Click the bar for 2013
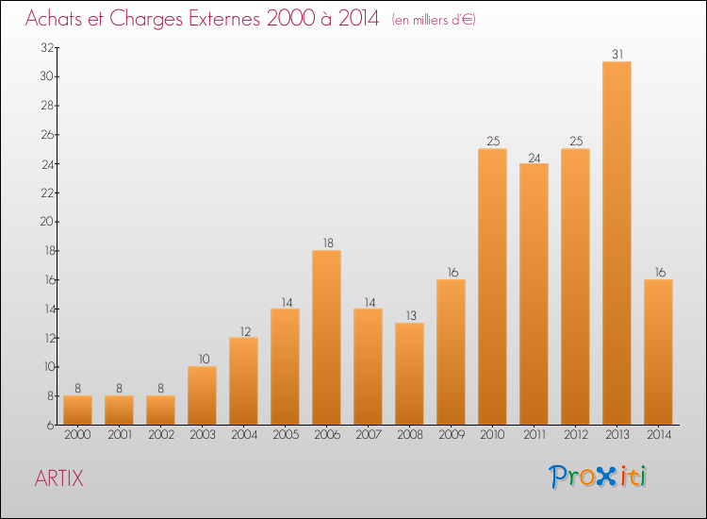(617, 243)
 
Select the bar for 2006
(326, 337)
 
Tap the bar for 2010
(492, 286)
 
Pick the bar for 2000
(77, 410)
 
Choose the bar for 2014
(658, 351)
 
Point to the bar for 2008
(409, 374)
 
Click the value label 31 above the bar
(617, 55)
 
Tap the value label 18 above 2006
(326, 243)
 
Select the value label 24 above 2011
(534, 157)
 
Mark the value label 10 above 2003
(202, 359)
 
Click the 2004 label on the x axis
(243, 435)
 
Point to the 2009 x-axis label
(451, 435)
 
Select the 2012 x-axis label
(575, 435)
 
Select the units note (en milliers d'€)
(434, 20)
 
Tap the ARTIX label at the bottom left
(58, 478)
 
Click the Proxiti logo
(598, 477)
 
